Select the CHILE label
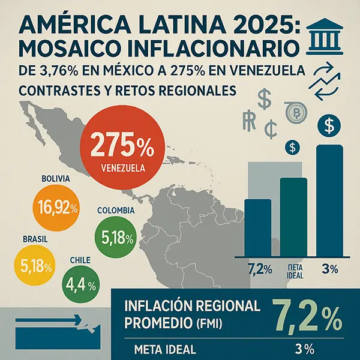tap(80, 260)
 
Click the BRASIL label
tap(34, 239)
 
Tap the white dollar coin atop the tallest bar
tap(329, 127)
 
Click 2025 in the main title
tap(245, 28)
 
